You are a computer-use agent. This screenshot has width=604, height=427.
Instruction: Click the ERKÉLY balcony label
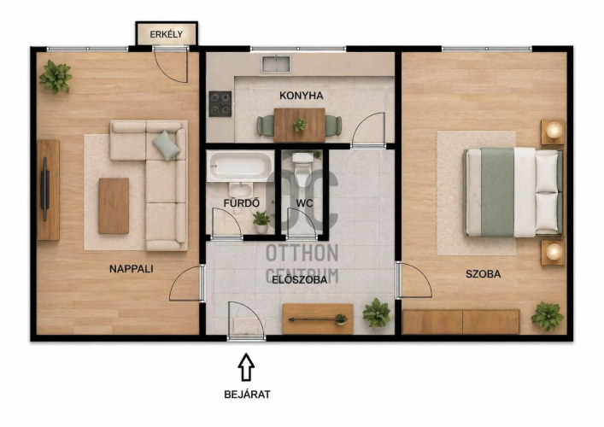tap(167, 34)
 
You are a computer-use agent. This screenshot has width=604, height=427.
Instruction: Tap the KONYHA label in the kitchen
tap(302, 96)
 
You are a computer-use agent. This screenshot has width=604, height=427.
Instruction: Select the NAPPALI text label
tap(132, 269)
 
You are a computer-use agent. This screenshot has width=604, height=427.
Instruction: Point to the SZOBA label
tap(483, 274)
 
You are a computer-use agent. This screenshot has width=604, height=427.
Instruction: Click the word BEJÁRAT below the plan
tap(247, 395)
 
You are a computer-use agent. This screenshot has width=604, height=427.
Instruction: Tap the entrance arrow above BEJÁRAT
tap(246, 367)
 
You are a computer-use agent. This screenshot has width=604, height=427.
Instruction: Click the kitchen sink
tap(276, 64)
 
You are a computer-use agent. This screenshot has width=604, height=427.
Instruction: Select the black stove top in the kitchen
tap(220, 104)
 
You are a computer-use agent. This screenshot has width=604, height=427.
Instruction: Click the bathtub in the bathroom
tap(240, 166)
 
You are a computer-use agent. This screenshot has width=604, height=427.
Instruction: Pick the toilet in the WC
tap(302, 165)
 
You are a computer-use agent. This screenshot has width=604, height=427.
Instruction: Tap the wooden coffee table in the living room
tap(114, 206)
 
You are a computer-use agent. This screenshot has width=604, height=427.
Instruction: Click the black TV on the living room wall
tap(45, 189)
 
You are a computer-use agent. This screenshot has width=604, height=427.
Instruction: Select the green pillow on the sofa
tap(167, 145)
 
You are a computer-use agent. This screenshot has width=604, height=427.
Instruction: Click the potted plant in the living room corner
tap(56, 77)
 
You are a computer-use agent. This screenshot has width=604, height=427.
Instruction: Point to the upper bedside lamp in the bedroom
tap(554, 130)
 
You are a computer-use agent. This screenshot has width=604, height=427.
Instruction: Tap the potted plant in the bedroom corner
tap(547, 317)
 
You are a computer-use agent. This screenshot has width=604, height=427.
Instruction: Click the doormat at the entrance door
tap(249, 325)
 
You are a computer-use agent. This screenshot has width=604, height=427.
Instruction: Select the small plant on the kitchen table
tap(299, 125)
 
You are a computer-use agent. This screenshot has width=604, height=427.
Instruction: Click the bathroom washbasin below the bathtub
tap(241, 190)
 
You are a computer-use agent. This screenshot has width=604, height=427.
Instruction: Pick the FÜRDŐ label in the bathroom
tap(242, 203)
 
